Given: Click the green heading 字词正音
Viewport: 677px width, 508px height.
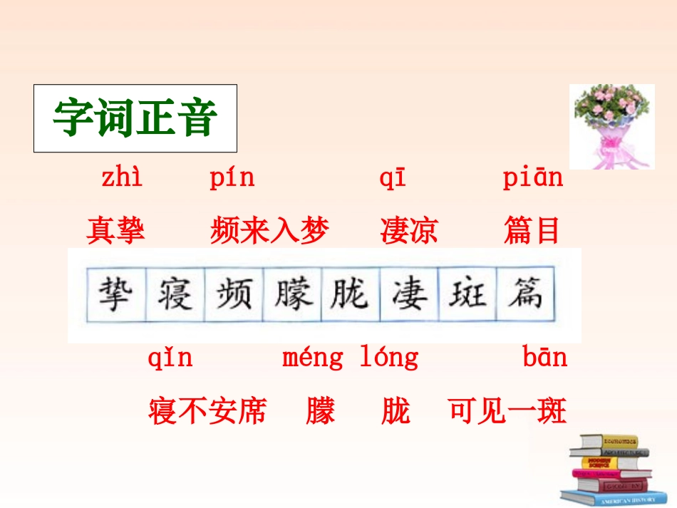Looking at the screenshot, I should [135, 118].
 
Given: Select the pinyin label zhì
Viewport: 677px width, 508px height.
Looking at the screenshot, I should [121, 178].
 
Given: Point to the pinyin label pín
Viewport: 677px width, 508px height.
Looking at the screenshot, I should [232, 178].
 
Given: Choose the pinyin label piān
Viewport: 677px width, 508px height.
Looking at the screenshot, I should [532, 178].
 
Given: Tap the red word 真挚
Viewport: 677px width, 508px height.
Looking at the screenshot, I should [115, 230].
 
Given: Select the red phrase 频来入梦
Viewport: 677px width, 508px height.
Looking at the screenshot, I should [269, 230].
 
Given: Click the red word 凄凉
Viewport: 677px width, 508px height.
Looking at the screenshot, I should [409, 230].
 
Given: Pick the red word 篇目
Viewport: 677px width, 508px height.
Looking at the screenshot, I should [532, 230].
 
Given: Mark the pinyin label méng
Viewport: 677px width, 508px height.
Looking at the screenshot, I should [313, 358].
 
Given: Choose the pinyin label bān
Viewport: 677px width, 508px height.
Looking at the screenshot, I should [545, 357].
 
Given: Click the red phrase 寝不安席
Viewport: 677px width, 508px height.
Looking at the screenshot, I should [207, 410].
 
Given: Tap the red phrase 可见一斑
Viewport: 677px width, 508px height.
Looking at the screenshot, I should [507, 410].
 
